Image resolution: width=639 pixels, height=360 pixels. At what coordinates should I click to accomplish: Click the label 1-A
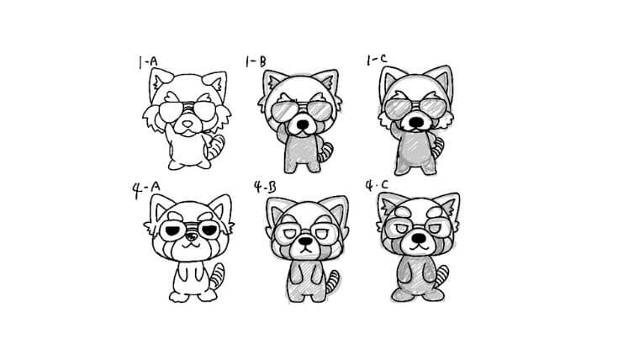click(x=147, y=62)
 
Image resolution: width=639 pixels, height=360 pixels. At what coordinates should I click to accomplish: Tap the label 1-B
click(x=256, y=61)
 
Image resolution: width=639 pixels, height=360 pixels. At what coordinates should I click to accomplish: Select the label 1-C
click(x=377, y=60)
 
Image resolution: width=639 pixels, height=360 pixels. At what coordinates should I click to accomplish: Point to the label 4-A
click(x=146, y=189)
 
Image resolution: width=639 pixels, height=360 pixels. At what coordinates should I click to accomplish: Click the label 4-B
click(x=265, y=187)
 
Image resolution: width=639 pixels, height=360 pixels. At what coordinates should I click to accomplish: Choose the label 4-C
click(x=377, y=186)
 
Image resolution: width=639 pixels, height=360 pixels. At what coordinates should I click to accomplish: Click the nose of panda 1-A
click(x=187, y=124)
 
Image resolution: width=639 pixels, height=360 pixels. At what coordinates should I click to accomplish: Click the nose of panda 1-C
click(x=416, y=121)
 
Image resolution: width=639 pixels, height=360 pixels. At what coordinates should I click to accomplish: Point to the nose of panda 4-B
click(x=305, y=241)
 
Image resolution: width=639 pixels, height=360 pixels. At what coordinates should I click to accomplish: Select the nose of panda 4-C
click(x=418, y=237)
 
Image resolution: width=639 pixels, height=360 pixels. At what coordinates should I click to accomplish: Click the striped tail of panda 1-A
click(x=216, y=147)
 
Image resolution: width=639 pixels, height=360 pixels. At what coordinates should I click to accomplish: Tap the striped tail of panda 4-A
click(x=216, y=276)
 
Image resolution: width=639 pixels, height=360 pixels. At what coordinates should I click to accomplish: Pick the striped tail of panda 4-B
click(x=332, y=281)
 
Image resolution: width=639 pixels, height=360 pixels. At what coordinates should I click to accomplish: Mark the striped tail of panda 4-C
click(x=441, y=276)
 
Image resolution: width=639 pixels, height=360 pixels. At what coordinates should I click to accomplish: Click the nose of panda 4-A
click(x=190, y=236)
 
